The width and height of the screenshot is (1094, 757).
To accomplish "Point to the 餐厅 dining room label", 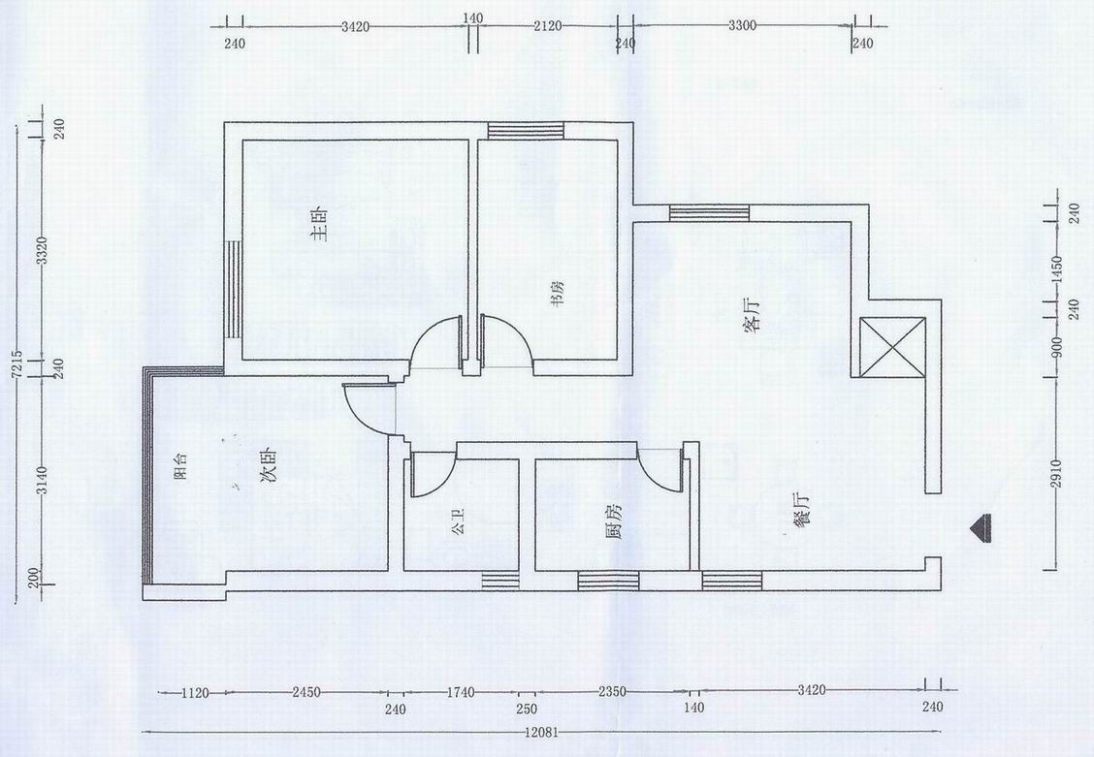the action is pos(801,511).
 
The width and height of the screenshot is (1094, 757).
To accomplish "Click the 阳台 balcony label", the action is pos(179,467).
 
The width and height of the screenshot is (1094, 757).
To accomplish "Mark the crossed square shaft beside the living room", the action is pos(892,347).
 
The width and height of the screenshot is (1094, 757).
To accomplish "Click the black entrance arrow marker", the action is pos(982,526).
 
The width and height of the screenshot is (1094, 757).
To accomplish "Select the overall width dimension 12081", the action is pos(541,734).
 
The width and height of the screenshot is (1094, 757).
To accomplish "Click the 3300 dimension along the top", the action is pos(742,26).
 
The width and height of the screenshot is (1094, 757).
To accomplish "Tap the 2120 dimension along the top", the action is pos(548,26).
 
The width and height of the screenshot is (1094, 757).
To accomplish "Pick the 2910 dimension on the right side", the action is pos(1056,473).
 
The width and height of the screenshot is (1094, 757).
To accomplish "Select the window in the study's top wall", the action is pos(526,130).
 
